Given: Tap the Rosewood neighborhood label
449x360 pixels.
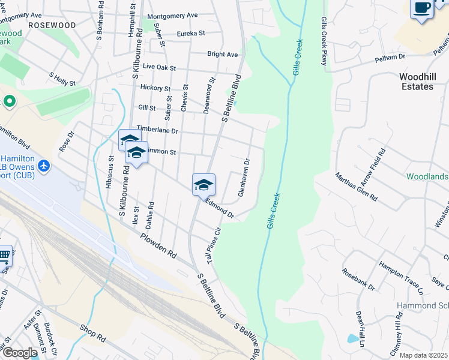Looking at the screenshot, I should coord(52,25).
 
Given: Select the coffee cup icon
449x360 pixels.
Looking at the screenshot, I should coord(422,8).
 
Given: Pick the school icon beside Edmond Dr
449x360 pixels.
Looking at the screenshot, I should coord(203,184).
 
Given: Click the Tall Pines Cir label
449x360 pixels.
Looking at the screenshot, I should coord(214,245).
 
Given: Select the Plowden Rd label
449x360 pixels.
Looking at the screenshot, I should coord(158,245).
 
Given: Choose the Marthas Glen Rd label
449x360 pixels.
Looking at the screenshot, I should coord(356,187).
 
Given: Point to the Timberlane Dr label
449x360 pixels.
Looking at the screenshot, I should coord(157,130).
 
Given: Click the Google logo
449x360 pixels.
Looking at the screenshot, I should coord(20,353).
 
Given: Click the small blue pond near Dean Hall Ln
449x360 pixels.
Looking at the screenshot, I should coord(351,338).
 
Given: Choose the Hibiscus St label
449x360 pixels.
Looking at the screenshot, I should coord(110,173).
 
